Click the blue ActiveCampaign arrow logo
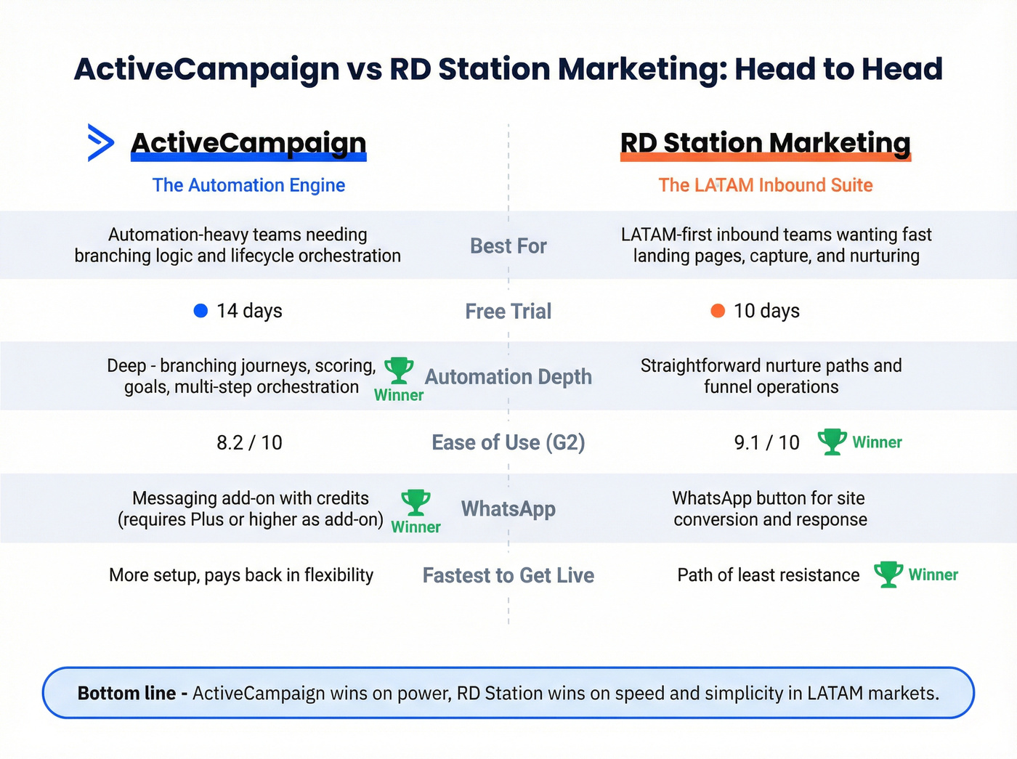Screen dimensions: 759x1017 (100, 142)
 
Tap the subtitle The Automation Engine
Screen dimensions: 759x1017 (248, 185)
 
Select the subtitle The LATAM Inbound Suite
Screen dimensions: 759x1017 (765, 185)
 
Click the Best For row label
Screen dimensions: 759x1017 (508, 246)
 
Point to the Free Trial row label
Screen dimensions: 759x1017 (508, 312)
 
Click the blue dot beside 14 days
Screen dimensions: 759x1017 (201, 311)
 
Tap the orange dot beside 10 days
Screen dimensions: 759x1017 (718, 311)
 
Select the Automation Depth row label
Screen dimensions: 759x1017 (508, 377)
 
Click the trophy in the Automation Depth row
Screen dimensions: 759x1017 (399, 370)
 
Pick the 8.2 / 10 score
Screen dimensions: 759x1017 (249, 442)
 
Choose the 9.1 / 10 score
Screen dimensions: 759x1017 (766, 442)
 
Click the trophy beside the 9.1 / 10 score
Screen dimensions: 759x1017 (832, 442)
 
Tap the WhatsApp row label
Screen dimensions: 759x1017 (508, 509)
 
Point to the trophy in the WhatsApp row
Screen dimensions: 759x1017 (416, 503)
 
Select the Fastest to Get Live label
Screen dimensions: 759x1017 (508, 576)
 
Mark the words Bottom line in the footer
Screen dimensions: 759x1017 (126, 694)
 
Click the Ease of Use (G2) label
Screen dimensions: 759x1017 (508, 442)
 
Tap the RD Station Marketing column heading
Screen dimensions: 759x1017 (765, 143)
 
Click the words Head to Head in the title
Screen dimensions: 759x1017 (838, 69)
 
